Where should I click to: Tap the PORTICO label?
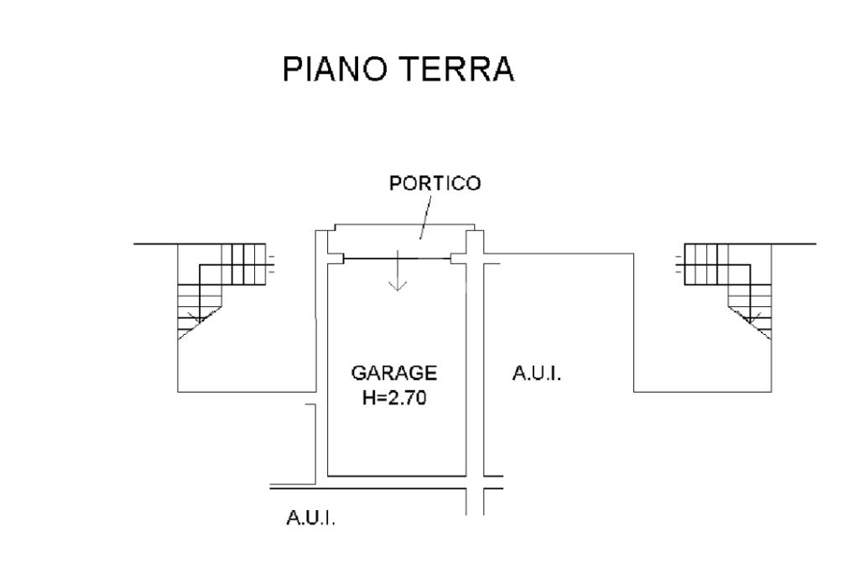[x=435, y=185]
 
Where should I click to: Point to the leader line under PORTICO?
[x=427, y=222]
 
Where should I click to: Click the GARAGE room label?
[x=393, y=372]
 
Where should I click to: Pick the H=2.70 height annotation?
[x=394, y=398]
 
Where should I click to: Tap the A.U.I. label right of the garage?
[x=536, y=372]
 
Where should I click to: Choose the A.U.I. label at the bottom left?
[x=311, y=519]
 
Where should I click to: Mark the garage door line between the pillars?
[x=398, y=259]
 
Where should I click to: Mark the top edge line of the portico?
[x=403, y=225]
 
